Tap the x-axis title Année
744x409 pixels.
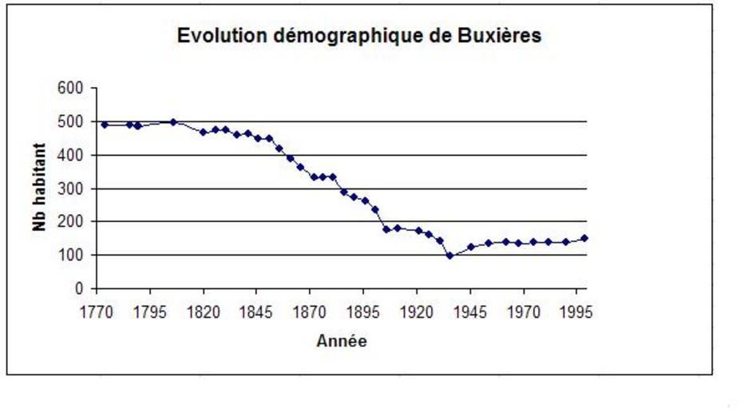pyautogui.click(x=342, y=341)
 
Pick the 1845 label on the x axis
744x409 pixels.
pyautogui.click(x=256, y=312)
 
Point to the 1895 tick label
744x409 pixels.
pyautogui.click(x=363, y=312)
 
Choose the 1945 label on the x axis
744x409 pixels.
pyautogui.click(x=470, y=312)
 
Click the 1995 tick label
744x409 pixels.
pyautogui.click(x=576, y=312)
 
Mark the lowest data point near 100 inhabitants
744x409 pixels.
pyautogui.click(x=449, y=256)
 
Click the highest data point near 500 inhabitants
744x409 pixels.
pyautogui.click(x=173, y=121)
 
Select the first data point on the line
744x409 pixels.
pyautogui.click(x=105, y=125)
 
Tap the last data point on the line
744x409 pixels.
pyautogui.click(x=584, y=238)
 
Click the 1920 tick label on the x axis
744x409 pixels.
pyautogui.click(x=417, y=312)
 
